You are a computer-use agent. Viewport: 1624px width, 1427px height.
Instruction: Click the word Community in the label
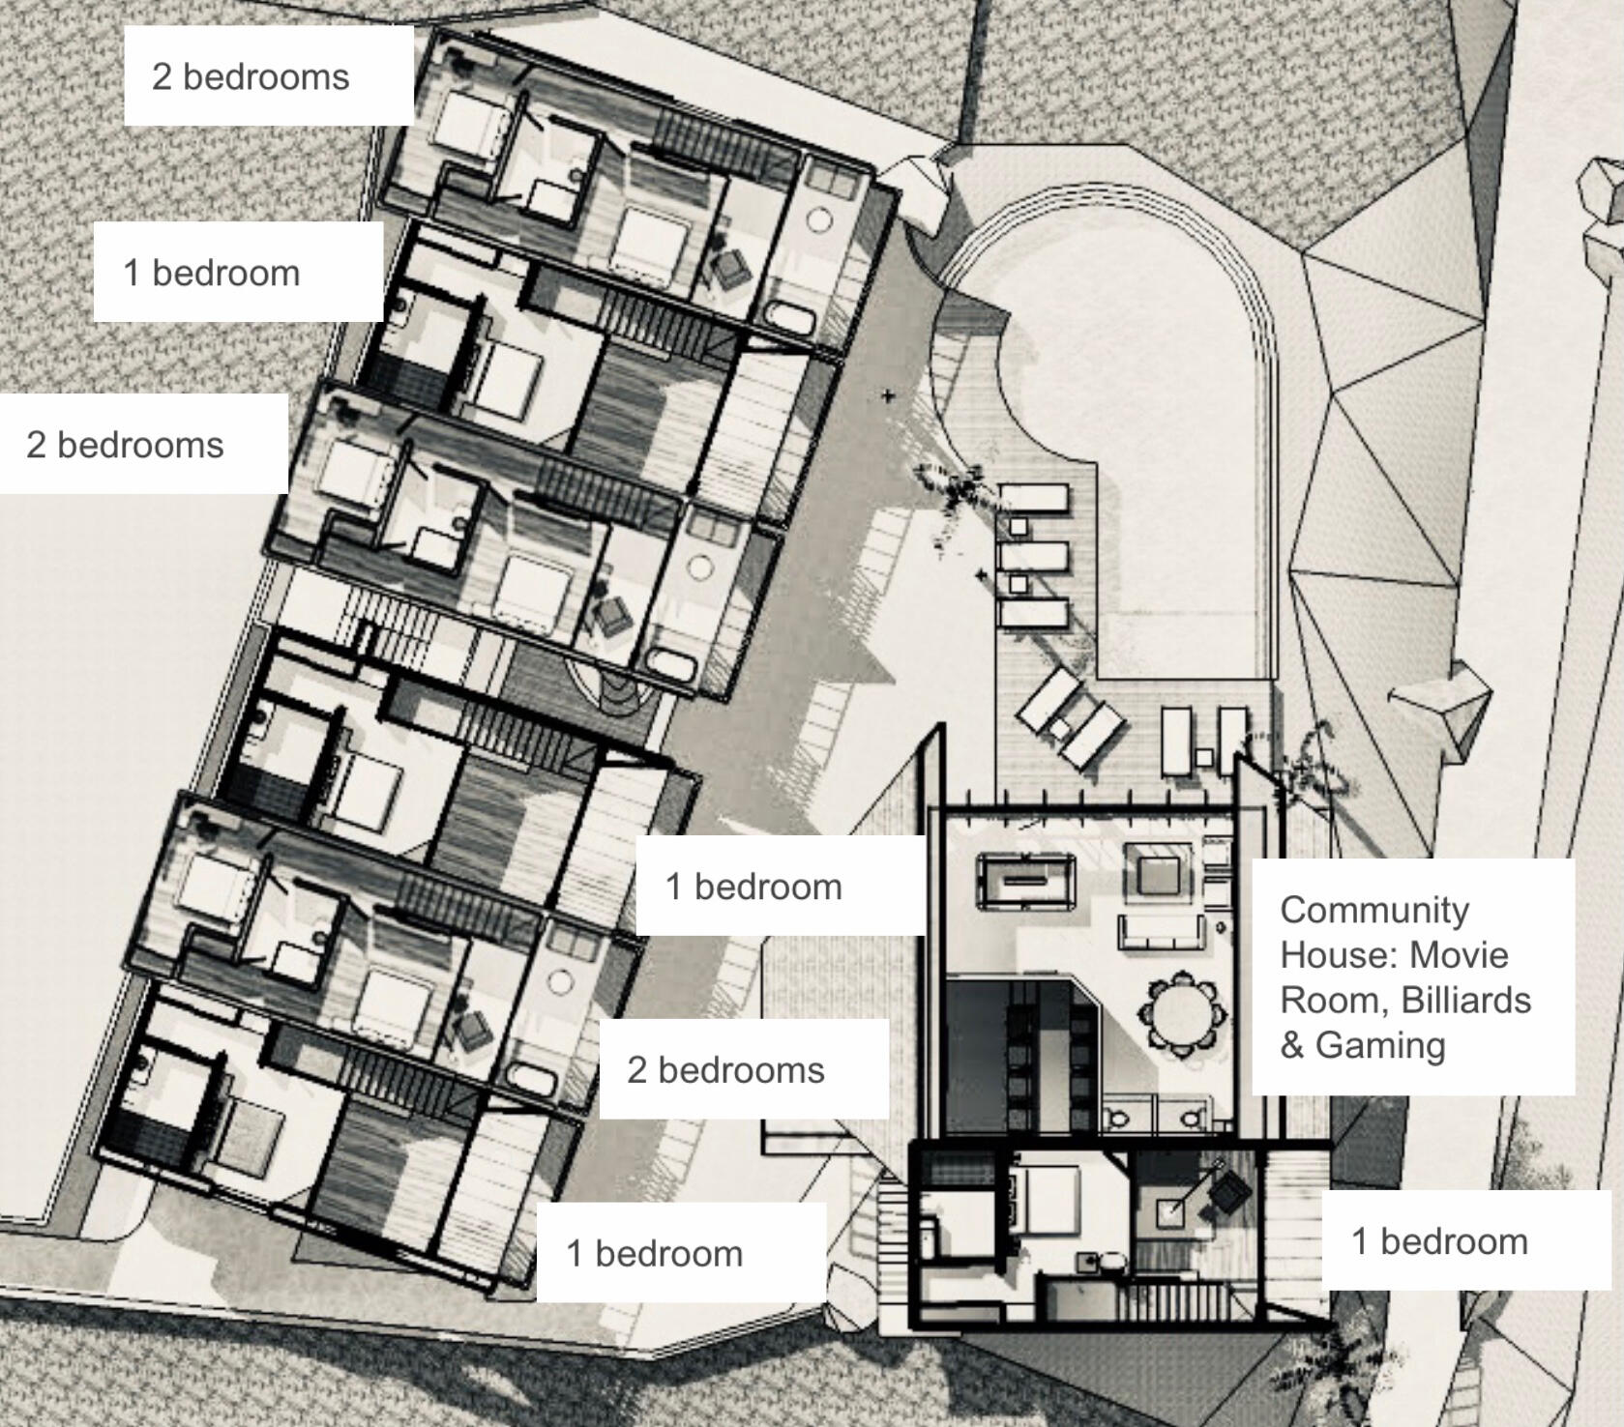tap(1374, 910)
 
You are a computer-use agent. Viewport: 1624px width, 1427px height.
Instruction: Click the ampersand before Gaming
tap(1292, 1045)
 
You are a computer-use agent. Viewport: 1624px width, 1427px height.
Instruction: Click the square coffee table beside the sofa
tap(1158, 869)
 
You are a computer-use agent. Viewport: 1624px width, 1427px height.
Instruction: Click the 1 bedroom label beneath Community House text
tap(1439, 1241)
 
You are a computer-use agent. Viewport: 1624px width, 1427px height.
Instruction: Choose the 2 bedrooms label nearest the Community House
tap(725, 1070)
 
